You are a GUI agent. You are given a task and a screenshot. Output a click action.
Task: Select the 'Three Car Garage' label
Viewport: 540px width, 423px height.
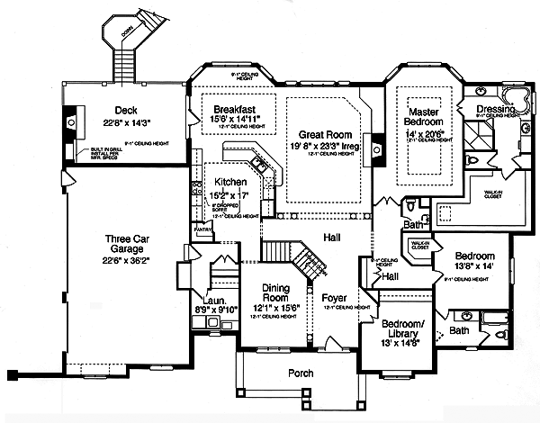(x=126, y=239)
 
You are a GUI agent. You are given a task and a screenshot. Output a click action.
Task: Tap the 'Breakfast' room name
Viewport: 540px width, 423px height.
(x=226, y=103)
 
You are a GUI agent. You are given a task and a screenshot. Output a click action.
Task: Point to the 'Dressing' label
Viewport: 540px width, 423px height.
(x=496, y=108)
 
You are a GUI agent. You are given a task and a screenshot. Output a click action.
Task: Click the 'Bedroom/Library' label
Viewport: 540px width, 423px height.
(x=405, y=329)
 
